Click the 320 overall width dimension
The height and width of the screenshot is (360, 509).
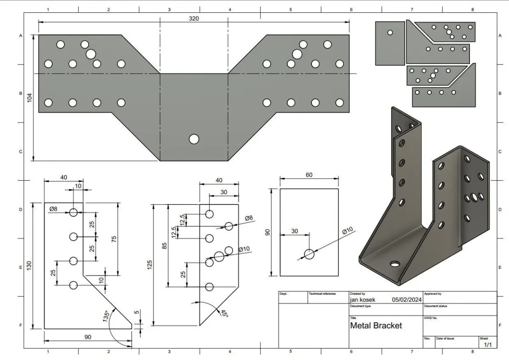coord(194,18)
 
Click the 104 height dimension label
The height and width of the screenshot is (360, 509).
coord(30,98)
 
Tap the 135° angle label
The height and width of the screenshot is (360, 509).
coord(106,316)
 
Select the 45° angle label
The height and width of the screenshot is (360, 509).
coord(224,313)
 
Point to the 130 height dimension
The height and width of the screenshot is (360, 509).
coord(29,266)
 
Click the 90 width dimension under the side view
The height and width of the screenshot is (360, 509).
coord(88,337)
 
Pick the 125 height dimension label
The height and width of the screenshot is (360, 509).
coord(149,265)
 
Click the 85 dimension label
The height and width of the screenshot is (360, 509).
coord(164,246)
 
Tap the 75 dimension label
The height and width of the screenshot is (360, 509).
coord(114,239)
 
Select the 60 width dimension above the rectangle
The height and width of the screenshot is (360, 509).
coord(309,175)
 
